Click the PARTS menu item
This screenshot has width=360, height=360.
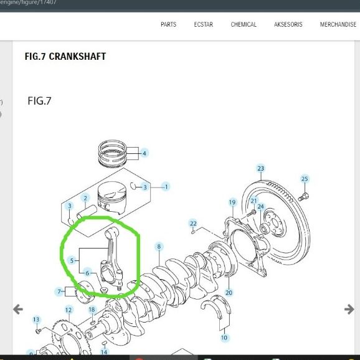[169, 24]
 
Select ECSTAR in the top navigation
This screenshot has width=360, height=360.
[204, 24]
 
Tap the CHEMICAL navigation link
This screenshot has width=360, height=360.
[244, 24]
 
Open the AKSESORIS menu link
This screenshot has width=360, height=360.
[288, 24]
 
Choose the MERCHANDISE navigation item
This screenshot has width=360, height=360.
[338, 24]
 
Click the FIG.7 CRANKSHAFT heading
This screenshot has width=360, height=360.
[65, 57]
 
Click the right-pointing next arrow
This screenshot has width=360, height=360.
[349, 310]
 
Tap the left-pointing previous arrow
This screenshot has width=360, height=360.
[18, 310]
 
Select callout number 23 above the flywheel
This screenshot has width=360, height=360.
[260, 169]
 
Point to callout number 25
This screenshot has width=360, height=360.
[305, 179]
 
